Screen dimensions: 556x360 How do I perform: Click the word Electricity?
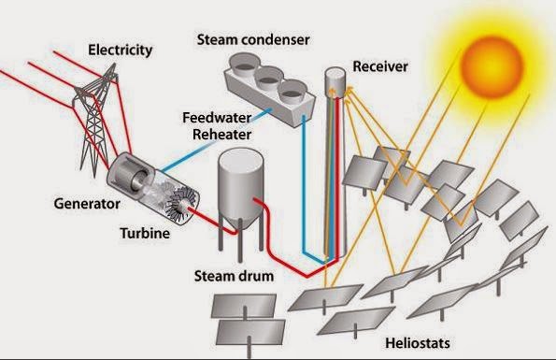pyautogui.click(x=121, y=50)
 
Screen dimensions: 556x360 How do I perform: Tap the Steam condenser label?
pyautogui.click(x=253, y=39)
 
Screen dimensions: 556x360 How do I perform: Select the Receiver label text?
pyautogui.click(x=380, y=66)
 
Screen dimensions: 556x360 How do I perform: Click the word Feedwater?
pyautogui.click(x=217, y=118)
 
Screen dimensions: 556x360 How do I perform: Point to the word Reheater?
pyautogui.click(x=222, y=135)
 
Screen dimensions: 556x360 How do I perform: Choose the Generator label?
pyautogui.click(x=87, y=204)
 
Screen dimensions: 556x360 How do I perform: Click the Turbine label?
pyautogui.click(x=145, y=233)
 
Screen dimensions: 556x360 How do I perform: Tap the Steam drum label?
pyautogui.click(x=234, y=276)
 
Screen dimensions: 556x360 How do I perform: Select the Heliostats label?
pyautogui.click(x=418, y=343)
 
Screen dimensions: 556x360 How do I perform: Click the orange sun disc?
pyautogui.click(x=492, y=67)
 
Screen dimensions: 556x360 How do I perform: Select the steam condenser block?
pyautogui.click(x=269, y=90)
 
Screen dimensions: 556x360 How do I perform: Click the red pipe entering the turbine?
pyautogui.click(x=212, y=221)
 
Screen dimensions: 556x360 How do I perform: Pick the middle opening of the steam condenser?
pyautogui.click(x=269, y=78)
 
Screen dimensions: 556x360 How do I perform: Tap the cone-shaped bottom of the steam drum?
pyautogui.click(x=241, y=222)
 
